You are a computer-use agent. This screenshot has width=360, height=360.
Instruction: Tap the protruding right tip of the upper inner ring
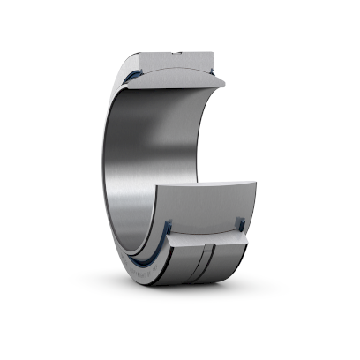221,84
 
